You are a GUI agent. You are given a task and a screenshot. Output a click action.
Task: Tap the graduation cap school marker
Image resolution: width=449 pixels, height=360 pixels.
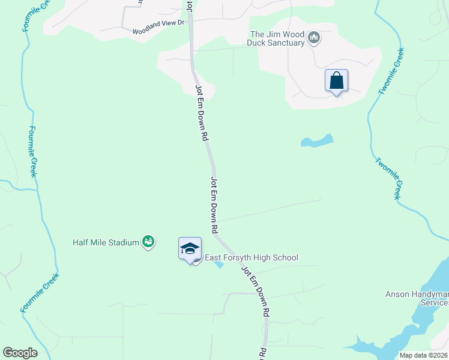(190, 248)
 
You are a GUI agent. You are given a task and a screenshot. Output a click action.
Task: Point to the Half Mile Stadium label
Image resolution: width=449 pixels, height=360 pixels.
(106, 243)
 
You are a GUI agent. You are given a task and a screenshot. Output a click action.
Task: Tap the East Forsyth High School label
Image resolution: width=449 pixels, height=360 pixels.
(252, 258)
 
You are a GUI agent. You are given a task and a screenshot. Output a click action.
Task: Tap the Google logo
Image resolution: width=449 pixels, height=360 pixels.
(20, 353)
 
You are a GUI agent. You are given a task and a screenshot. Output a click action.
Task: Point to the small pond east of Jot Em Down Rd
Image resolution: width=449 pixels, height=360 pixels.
(316, 142)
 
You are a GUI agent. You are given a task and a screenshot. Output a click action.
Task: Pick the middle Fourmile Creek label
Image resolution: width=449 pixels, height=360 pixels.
(34, 151)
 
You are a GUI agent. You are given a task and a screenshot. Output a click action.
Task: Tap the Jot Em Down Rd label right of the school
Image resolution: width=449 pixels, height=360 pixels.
(255, 292)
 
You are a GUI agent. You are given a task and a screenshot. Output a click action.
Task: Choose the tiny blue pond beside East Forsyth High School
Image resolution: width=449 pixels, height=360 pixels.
(219, 265)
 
